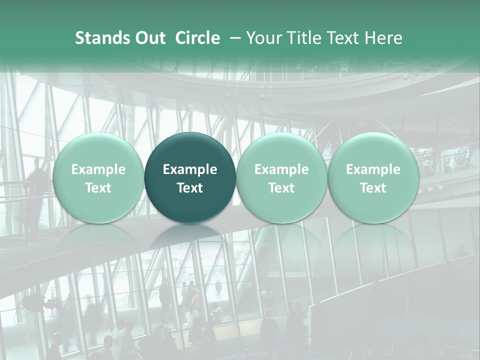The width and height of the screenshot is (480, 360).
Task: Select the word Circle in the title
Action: click(x=197, y=38)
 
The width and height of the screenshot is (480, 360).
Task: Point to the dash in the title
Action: click(x=235, y=38)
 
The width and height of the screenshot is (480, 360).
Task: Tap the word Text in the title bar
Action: click(x=340, y=38)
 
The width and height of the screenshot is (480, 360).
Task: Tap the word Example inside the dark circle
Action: click(x=190, y=169)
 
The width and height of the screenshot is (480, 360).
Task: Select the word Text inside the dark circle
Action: click(x=190, y=188)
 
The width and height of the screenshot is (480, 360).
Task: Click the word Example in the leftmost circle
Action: click(x=98, y=169)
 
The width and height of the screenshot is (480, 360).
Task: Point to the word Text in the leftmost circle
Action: click(x=98, y=188)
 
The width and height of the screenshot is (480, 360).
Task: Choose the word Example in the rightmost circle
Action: click(x=373, y=169)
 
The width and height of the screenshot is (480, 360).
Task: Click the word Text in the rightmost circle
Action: click(x=373, y=188)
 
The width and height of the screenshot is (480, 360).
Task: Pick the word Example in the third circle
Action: click(x=281, y=169)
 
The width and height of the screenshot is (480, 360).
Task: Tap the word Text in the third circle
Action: click(x=281, y=188)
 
